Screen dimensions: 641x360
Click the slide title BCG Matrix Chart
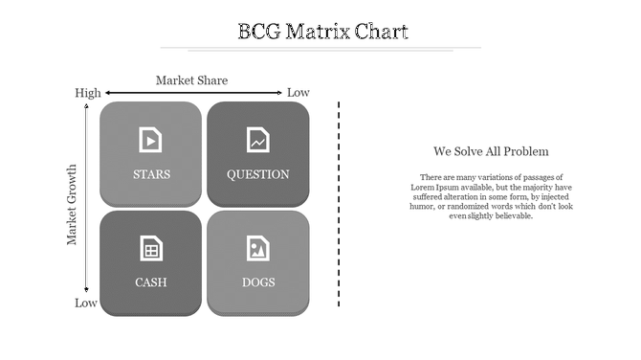322,32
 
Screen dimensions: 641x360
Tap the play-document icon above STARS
150,140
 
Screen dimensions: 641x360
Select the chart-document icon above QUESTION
257,140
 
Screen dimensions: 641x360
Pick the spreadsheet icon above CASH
150,248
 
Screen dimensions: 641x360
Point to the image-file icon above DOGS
257,248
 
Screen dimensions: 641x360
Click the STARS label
151,174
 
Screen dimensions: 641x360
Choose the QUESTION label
257,174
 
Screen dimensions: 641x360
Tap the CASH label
151,282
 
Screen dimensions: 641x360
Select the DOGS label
257,282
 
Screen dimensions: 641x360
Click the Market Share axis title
191,80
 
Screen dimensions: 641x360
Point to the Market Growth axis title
72,205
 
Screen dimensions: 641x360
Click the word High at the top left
87,93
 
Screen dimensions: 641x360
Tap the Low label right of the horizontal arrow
298,93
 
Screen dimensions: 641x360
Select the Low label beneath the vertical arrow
86,304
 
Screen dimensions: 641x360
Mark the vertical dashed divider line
339,203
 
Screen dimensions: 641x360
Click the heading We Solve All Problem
491,151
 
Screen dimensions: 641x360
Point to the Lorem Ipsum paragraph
491,196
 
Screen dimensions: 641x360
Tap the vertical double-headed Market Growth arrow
87,198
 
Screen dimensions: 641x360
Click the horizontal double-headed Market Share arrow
192,93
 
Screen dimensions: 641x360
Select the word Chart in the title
381,32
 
